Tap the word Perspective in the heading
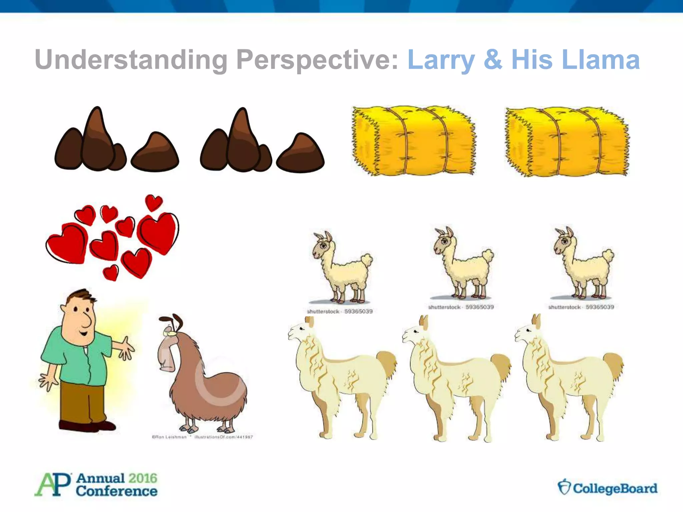point(317,60)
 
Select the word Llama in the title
point(600,60)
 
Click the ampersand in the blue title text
point(493,60)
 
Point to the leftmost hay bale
point(414,142)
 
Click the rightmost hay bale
point(567,142)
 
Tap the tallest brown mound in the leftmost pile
point(97,140)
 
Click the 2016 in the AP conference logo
point(142,478)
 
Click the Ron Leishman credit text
point(169,437)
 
